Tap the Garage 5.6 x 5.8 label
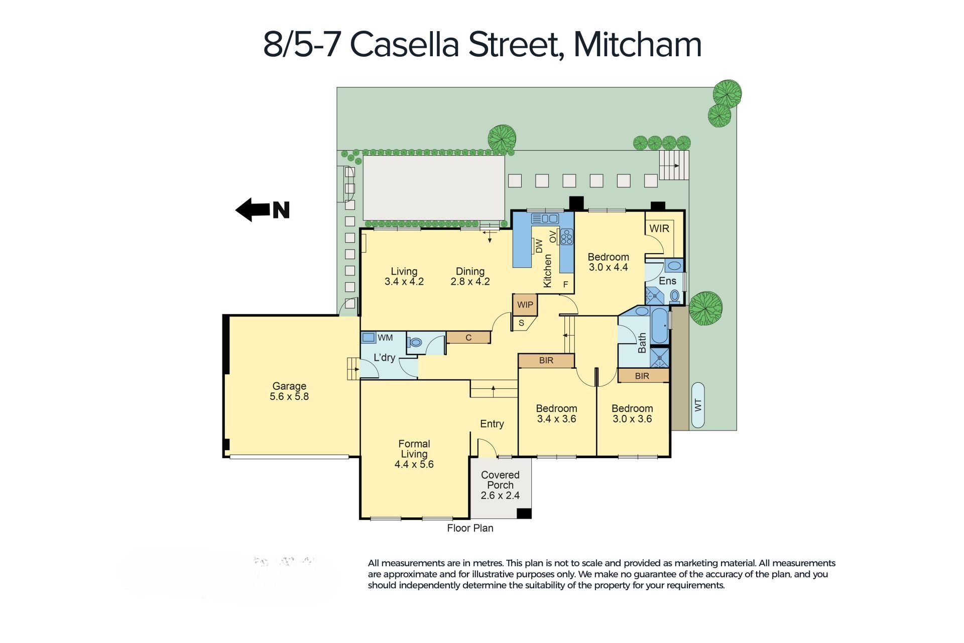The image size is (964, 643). pyautogui.click(x=289, y=391)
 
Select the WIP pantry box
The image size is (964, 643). pyautogui.click(x=525, y=304)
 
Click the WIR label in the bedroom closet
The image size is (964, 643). pyautogui.click(x=659, y=229)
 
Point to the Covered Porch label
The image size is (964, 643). pyautogui.click(x=500, y=485)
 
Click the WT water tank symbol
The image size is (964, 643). pyautogui.click(x=697, y=405)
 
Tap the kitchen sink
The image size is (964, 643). pyautogui.click(x=545, y=219)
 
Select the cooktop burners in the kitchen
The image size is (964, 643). pyautogui.click(x=567, y=237)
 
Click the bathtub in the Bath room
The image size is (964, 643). pyautogui.click(x=659, y=326)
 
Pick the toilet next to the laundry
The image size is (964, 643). pyautogui.click(x=415, y=343)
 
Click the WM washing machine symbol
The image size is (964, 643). pyautogui.click(x=369, y=338)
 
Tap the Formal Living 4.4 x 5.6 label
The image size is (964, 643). pyautogui.click(x=414, y=454)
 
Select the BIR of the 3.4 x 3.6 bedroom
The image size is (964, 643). pyautogui.click(x=546, y=361)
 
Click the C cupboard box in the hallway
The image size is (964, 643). pyautogui.click(x=468, y=338)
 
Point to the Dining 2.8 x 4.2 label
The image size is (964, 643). pyautogui.click(x=470, y=276)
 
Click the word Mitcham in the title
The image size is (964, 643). pyautogui.click(x=637, y=44)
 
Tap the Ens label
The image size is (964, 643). pyautogui.click(x=667, y=281)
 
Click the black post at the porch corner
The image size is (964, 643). pyautogui.click(x=524, y=513)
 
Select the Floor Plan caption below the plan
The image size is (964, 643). pyautogui.click(x=470, y=528)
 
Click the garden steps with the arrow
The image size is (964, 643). pyautogui.click(x=674, y=165)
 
